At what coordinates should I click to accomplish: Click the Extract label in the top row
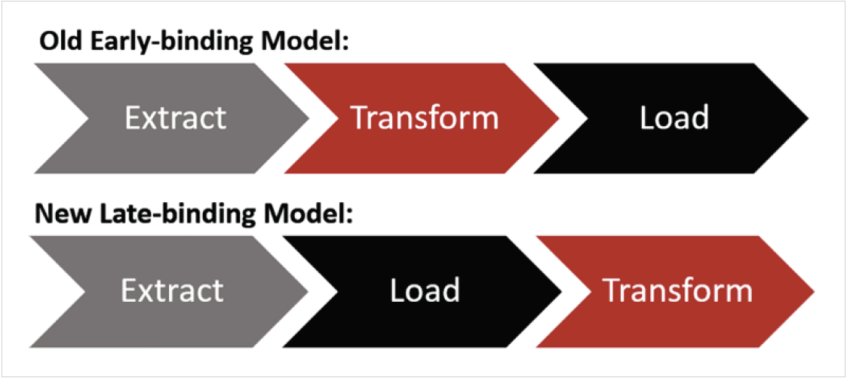tap(175, 118)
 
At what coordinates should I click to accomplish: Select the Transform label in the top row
tap(425, 118)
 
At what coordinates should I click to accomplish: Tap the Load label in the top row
tap(674, 118)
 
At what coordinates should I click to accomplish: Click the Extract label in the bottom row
tap(173, 290)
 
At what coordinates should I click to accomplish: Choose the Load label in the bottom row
tap(425, 290)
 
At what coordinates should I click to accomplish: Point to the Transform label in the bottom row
tap(677, 290)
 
